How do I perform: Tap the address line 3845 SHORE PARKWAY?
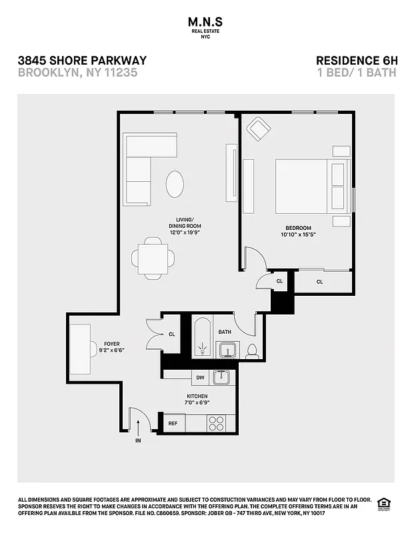(82, 61)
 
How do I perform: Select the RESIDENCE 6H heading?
(356, 61)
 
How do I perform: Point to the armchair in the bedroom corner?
(259, 129)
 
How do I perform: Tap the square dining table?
(154, 257)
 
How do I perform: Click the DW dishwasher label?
(199, 378)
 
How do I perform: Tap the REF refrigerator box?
(173, 423)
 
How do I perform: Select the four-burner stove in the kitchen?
(216, 422)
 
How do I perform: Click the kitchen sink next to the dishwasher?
(221, 377)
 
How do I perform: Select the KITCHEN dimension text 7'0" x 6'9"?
(197, 403)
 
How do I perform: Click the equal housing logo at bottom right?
(384, 503)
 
